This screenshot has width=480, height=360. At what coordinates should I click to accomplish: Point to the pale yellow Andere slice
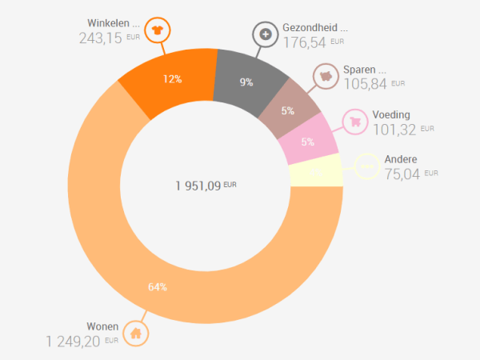tap(316, 172)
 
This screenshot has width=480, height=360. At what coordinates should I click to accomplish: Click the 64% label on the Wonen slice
tap(158, 287)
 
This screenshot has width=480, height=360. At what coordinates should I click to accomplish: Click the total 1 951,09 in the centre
tap(199, 186)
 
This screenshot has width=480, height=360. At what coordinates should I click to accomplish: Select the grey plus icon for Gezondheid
tap(264, 35)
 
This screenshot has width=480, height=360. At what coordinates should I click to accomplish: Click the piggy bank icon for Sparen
tap(326, 76)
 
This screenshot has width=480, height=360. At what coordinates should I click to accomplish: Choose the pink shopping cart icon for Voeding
tap(354, 122)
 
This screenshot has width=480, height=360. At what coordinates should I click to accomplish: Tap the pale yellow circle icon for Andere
tap(367, 166)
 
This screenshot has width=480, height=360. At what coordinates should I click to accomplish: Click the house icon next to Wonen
tap(136, 333)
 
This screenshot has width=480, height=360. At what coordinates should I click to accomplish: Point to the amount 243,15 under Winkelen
tap(101, 38)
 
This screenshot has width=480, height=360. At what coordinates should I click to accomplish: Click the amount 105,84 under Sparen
tap(365, 83)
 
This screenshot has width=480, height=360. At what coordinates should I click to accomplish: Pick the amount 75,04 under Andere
tap(402, 173)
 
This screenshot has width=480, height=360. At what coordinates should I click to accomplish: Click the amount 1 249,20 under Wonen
tap(73, 341)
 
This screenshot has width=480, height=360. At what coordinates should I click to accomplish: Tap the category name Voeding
tap(390, 114)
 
